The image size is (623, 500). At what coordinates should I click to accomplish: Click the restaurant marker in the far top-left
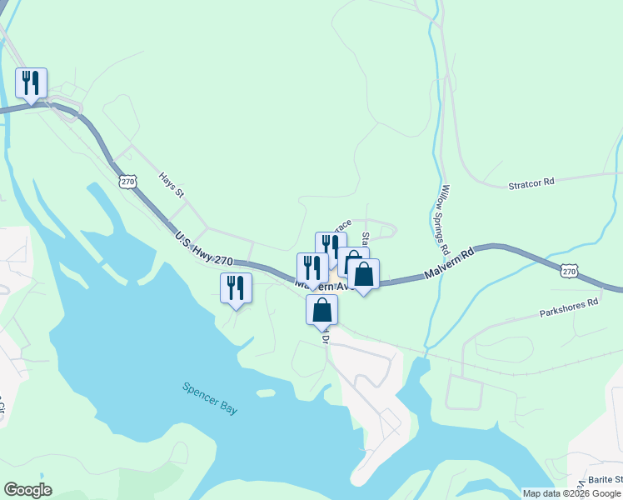point(32,83)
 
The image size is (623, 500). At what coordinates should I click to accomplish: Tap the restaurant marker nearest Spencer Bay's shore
point(237,288)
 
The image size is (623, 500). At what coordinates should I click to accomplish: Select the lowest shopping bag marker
point(322,310)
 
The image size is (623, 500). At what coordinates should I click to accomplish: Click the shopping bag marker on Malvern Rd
point(363,274)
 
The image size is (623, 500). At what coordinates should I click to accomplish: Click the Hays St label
point(172,185)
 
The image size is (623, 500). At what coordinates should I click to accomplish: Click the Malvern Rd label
point(447,262)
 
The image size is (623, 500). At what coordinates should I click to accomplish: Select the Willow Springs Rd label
point(446,219)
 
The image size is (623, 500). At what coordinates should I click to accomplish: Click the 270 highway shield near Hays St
point(127,181)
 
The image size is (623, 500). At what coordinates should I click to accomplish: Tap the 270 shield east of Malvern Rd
point(569,271)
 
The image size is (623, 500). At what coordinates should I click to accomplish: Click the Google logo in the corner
point(28,490)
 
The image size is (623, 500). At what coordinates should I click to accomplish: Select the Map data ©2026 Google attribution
point(571,493)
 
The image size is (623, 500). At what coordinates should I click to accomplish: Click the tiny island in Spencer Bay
point(266,392)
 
